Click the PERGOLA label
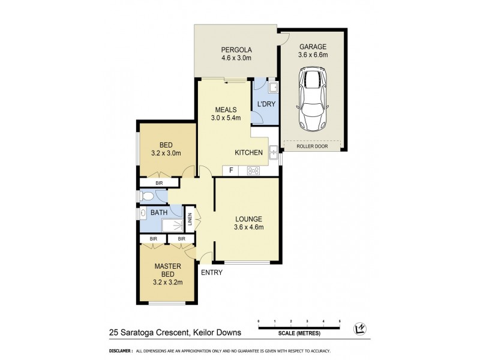tap(236, 49)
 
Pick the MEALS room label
tap(226, 110)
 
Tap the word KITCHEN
tap(248, 153)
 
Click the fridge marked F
tap(230, 170)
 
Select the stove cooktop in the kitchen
tap(253, 170)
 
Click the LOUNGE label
tap(248, 218)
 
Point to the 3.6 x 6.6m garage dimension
tap(313, 55)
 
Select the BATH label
tap(159, 212)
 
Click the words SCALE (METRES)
tap(299, 333)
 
